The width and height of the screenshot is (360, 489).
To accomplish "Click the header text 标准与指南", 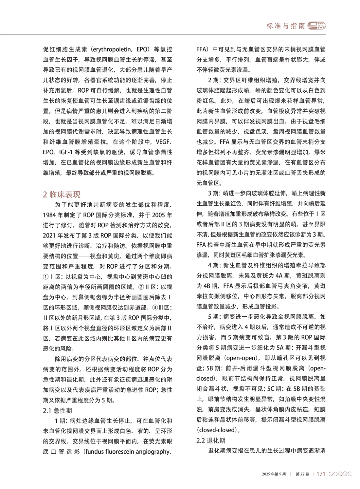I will coord(285,26).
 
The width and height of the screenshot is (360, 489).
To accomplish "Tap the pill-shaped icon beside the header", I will coord(317,26).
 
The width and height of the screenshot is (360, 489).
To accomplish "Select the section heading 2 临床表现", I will coord(62,195).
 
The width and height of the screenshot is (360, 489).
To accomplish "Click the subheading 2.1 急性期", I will coord(57,411).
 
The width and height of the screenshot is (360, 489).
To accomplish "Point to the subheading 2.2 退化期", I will coord(211,441).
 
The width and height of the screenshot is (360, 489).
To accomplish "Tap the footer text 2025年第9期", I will coord(274,474).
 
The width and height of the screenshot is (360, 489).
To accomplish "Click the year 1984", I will coord(49,215).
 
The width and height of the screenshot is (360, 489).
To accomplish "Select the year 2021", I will coord(49,236).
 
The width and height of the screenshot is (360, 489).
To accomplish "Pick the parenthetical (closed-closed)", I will coord(217,430).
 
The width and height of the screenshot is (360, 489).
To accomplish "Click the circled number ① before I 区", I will coord(46,277).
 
